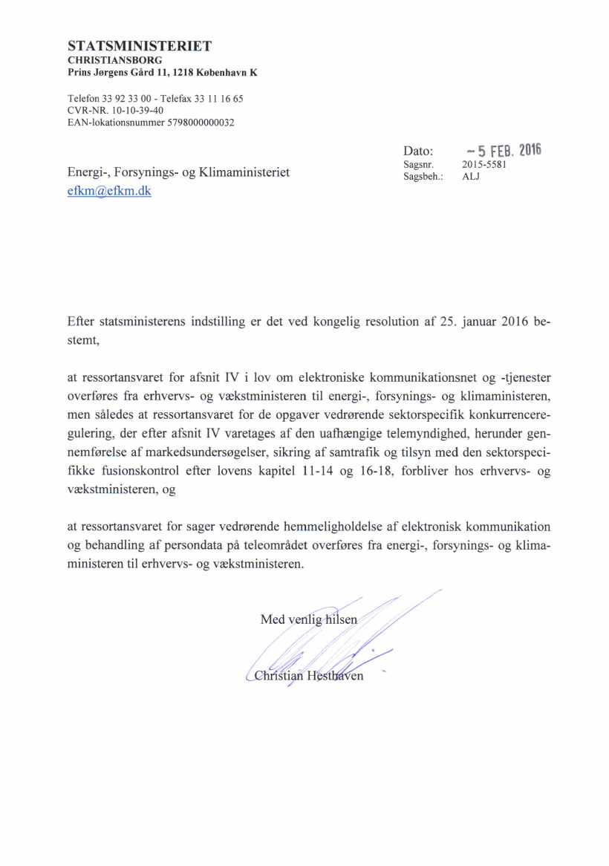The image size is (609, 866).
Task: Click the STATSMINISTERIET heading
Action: tap(140, 46)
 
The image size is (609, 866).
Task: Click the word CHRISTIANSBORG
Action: tap(115, 59)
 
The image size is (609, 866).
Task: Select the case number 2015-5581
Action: tap(483, 164)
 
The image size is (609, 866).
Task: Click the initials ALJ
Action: tap(471, 177)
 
